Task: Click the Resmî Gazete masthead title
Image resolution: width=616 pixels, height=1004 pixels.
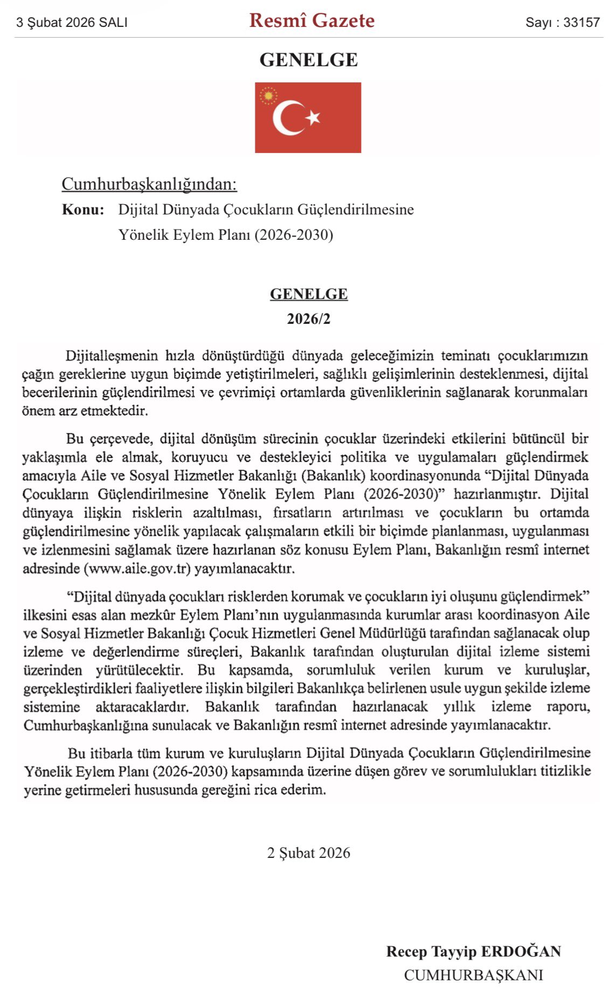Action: click(312, 21)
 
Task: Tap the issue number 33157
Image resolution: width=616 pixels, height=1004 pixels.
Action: click(582, 23)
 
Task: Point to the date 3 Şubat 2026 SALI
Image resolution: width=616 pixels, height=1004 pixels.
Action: click(72, 23)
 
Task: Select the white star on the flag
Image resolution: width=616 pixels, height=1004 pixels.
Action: click(313, 117)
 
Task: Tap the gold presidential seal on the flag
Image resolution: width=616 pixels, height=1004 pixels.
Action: click(268, 96)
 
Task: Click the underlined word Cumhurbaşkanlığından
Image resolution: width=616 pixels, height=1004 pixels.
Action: click(149, 184)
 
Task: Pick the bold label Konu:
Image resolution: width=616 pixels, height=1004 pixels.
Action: click(83, 210)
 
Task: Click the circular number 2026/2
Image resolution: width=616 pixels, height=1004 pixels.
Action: click(308, 319)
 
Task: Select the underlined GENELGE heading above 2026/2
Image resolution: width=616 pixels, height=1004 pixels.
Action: click(308, 294)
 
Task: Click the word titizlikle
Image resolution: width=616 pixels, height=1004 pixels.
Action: click(566, 771)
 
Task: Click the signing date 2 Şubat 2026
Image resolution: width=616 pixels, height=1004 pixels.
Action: click(308, 853)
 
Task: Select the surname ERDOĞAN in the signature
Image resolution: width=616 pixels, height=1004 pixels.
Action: click(521, 952)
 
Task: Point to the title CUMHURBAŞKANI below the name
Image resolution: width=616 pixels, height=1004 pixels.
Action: click(473, 975)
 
